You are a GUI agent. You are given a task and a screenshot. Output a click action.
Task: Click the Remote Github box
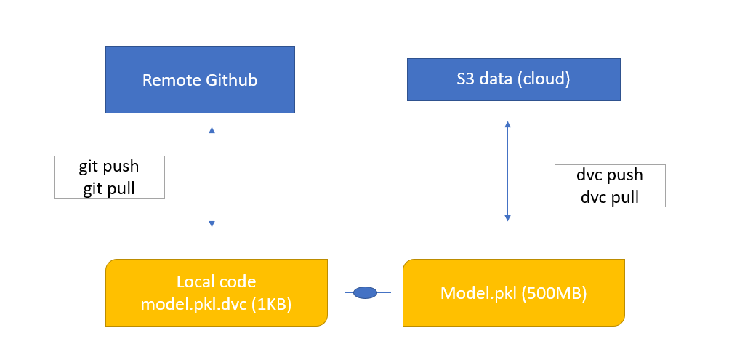pyautogui.click(x=200, y=79)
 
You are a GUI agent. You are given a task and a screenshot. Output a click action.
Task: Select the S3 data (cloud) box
pyautogui.click(x=513, y=79)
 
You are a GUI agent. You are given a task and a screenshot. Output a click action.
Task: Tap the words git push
pyautogui.click(x=109, y=167)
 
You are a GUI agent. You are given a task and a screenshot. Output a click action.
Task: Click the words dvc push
pyautogui.click(x=609, y=175)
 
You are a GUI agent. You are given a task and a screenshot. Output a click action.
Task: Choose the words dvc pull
pyautogui.click(x=609, y=196)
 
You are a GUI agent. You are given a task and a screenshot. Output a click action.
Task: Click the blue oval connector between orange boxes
pyautogui.click(x=365, y=292)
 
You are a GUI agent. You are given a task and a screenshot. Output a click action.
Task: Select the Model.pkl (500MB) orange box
pyautogui.click(x=514, y=292)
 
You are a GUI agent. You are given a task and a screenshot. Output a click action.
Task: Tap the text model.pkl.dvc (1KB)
pyautogui.click(x=216, y=305)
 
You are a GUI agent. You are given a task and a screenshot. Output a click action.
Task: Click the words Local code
pyautogui.click(x=216, y=281)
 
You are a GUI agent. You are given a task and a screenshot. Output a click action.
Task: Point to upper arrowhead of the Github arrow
pyautogui.click(x=212, y=130)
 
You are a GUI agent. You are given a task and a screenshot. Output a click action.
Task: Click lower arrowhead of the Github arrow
pyautogui.click(x=212, y=223)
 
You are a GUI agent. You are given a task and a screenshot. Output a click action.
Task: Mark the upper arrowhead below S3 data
pyautogui.click(x=507, y=124)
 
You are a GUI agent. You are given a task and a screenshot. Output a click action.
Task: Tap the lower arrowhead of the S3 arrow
pyautogui.click(x=507, y=217)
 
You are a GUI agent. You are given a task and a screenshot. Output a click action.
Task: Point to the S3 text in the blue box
pyautogui.click(x=465, y=79)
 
